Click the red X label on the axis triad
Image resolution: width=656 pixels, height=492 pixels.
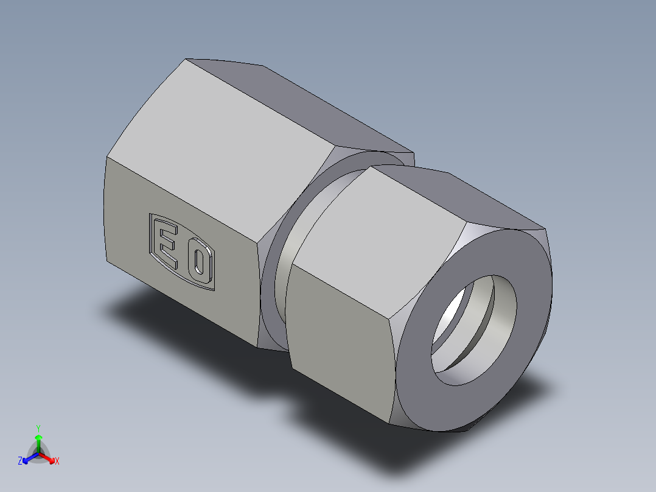(x=57, y=462)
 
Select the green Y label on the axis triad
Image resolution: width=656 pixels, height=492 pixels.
(x=38, y=428)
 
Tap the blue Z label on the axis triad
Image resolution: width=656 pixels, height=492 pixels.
(x=20, y=462)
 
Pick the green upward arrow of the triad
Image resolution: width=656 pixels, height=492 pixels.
(x=38, y=440)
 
